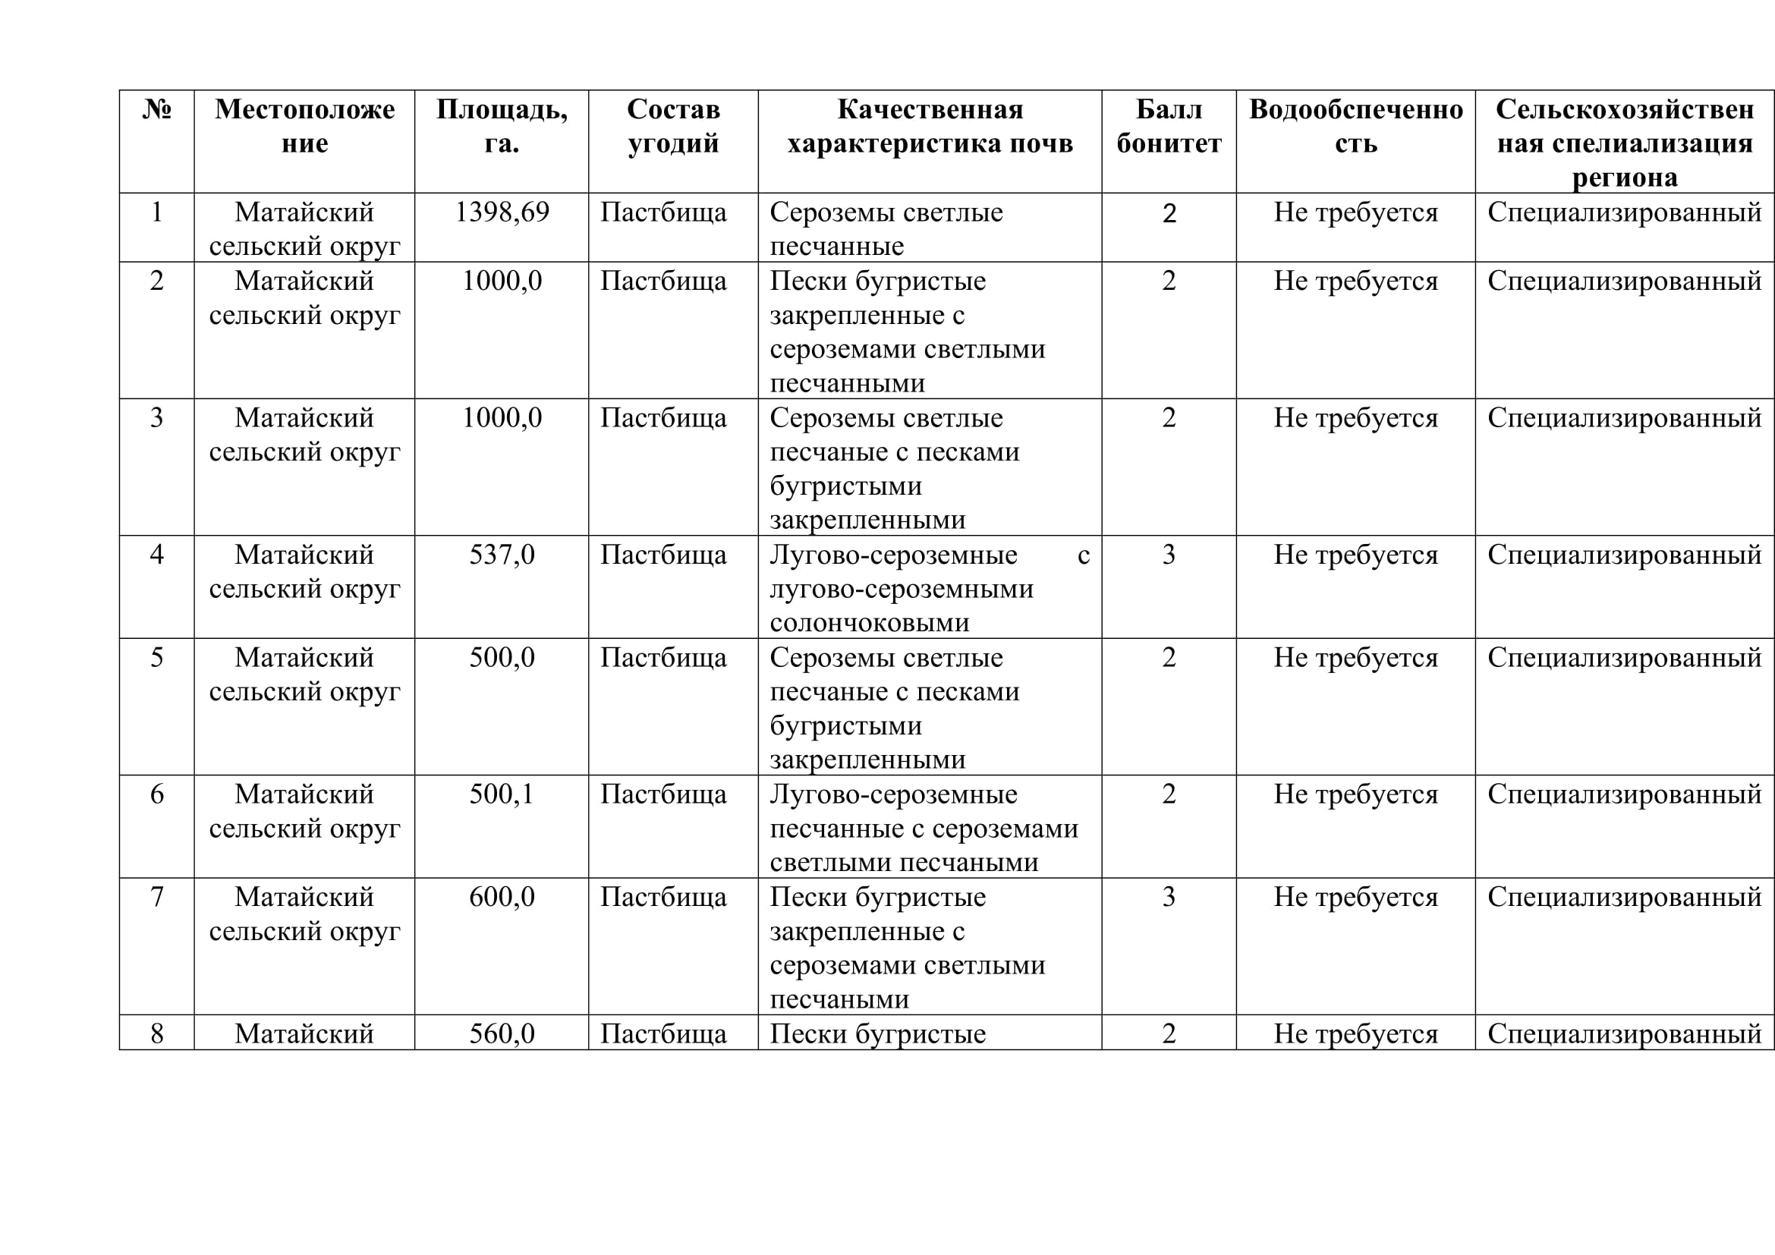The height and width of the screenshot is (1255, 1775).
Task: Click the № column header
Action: [156, 110]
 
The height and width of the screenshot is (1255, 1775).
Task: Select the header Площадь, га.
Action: [502, 126]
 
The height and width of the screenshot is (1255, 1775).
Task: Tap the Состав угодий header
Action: [672, 126]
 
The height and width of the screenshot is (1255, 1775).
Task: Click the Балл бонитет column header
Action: [1168, 126]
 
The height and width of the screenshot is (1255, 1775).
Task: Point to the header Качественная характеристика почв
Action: [930, 126]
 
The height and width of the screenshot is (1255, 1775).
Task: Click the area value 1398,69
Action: [502, 212]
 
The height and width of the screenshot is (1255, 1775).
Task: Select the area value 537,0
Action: [502, 554]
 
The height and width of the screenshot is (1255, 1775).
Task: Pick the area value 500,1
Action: [502, 794]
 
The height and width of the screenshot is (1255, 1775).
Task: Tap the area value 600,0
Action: [502, 896]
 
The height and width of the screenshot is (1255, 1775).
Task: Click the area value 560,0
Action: [502, 1033]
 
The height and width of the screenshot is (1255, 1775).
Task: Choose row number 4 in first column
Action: [156, 554]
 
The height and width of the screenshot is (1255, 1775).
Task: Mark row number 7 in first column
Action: [156, 896]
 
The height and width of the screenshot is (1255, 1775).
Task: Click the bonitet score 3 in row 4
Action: [1168, 554]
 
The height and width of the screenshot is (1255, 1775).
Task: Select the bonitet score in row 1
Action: [1168, 212]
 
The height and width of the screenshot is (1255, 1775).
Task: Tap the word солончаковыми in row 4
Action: [869, 622]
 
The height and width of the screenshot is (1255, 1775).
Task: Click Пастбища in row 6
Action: [663, 794]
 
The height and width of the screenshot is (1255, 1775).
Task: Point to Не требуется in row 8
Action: [1355, 1033]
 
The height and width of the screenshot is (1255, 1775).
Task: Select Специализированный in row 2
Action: [1624, 281]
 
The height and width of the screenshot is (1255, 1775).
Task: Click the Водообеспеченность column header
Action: [1355, 126]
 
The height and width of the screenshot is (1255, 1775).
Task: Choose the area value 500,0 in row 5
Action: [502, 657]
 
